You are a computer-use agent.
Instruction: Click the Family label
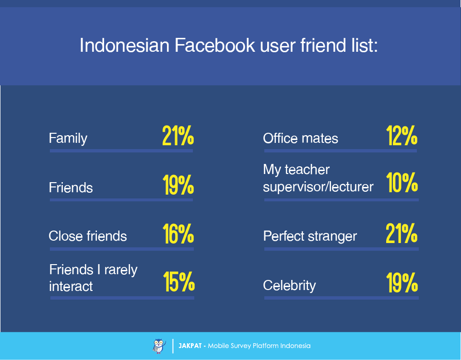(x=68, y=139)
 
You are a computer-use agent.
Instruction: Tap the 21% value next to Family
(x=178, y=136)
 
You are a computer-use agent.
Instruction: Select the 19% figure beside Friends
(x=178, y=185)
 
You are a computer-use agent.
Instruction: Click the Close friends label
(x=88, y=236)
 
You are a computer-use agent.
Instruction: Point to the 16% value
(x=178, y=233)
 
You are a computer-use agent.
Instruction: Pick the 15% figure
(x=179, y=282)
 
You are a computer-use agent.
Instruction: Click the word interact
(x=71, y=286)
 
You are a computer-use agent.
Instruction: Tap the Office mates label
(x=300, y=139)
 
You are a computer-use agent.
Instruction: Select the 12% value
(x=402, y=136)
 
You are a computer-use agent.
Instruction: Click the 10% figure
(x=402, y=183)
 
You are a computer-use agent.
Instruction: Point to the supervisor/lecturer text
(x=318, y=187)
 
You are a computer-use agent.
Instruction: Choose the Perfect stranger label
(x=310, y=236)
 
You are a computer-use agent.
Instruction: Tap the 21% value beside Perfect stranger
(x=402, y=233)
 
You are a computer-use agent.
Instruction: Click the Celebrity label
(x=289, y=285)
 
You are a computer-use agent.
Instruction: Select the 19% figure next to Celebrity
(x=402, y=283)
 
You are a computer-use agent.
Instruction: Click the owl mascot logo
(x=159, y=346)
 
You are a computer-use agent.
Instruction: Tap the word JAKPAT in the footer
(x=190, y=346)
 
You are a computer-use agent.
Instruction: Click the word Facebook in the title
(x=215, y=46)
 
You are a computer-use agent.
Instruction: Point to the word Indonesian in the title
(x=125, y=46)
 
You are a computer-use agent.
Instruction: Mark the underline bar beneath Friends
(x=121, y=200)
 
